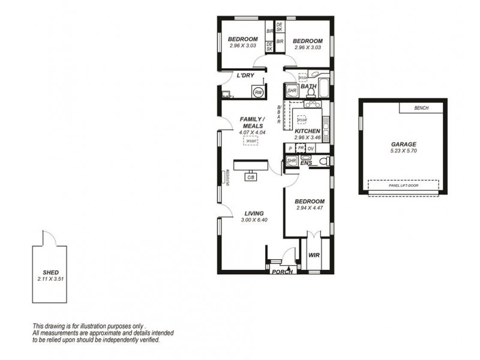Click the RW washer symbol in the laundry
pyautogui.click(x=258, y=92)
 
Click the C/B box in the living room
pyautogui.click(x=250, y=177)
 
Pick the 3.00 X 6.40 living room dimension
pyautogui.click(x=253, y=220)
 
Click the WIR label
pyautogui.click(x=314, y=255)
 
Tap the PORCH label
pyautogui.click(x=282, y=272)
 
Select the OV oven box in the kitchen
pyautogui.click(x=311, y=148)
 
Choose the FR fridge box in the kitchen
pyautogui.click(x=301, y=148)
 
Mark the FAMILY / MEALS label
pyautogui.click(x=252, y=122)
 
